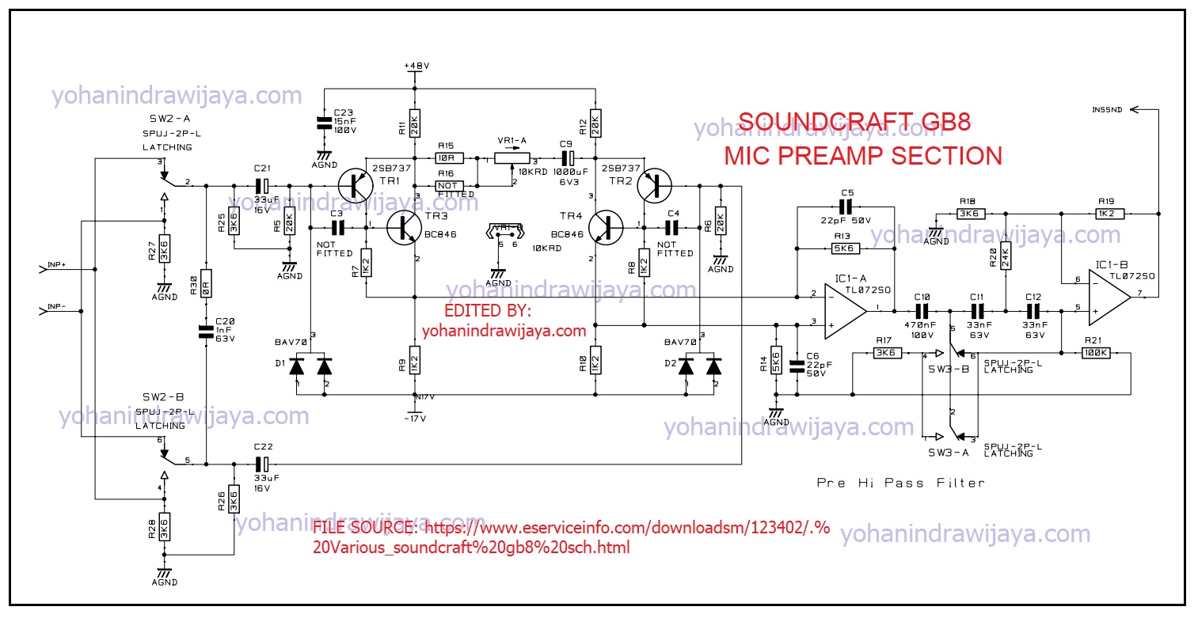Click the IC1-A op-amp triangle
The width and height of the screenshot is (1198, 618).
coord(845,309)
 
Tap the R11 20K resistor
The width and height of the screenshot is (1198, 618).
coord(414,123)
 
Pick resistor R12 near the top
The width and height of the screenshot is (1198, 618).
coord(595,123)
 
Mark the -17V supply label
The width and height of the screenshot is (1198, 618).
coord(415,418)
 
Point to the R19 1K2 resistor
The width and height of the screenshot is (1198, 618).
coord(1106,213)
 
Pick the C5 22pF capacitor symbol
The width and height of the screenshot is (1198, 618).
coord(846,207)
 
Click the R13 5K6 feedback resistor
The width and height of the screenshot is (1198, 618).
coord(845,248)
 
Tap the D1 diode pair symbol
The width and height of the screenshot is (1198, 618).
coord(310,366)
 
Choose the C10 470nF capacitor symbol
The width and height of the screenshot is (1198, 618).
coord(922,309)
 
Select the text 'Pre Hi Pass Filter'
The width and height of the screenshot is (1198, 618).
coord(900,482)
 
